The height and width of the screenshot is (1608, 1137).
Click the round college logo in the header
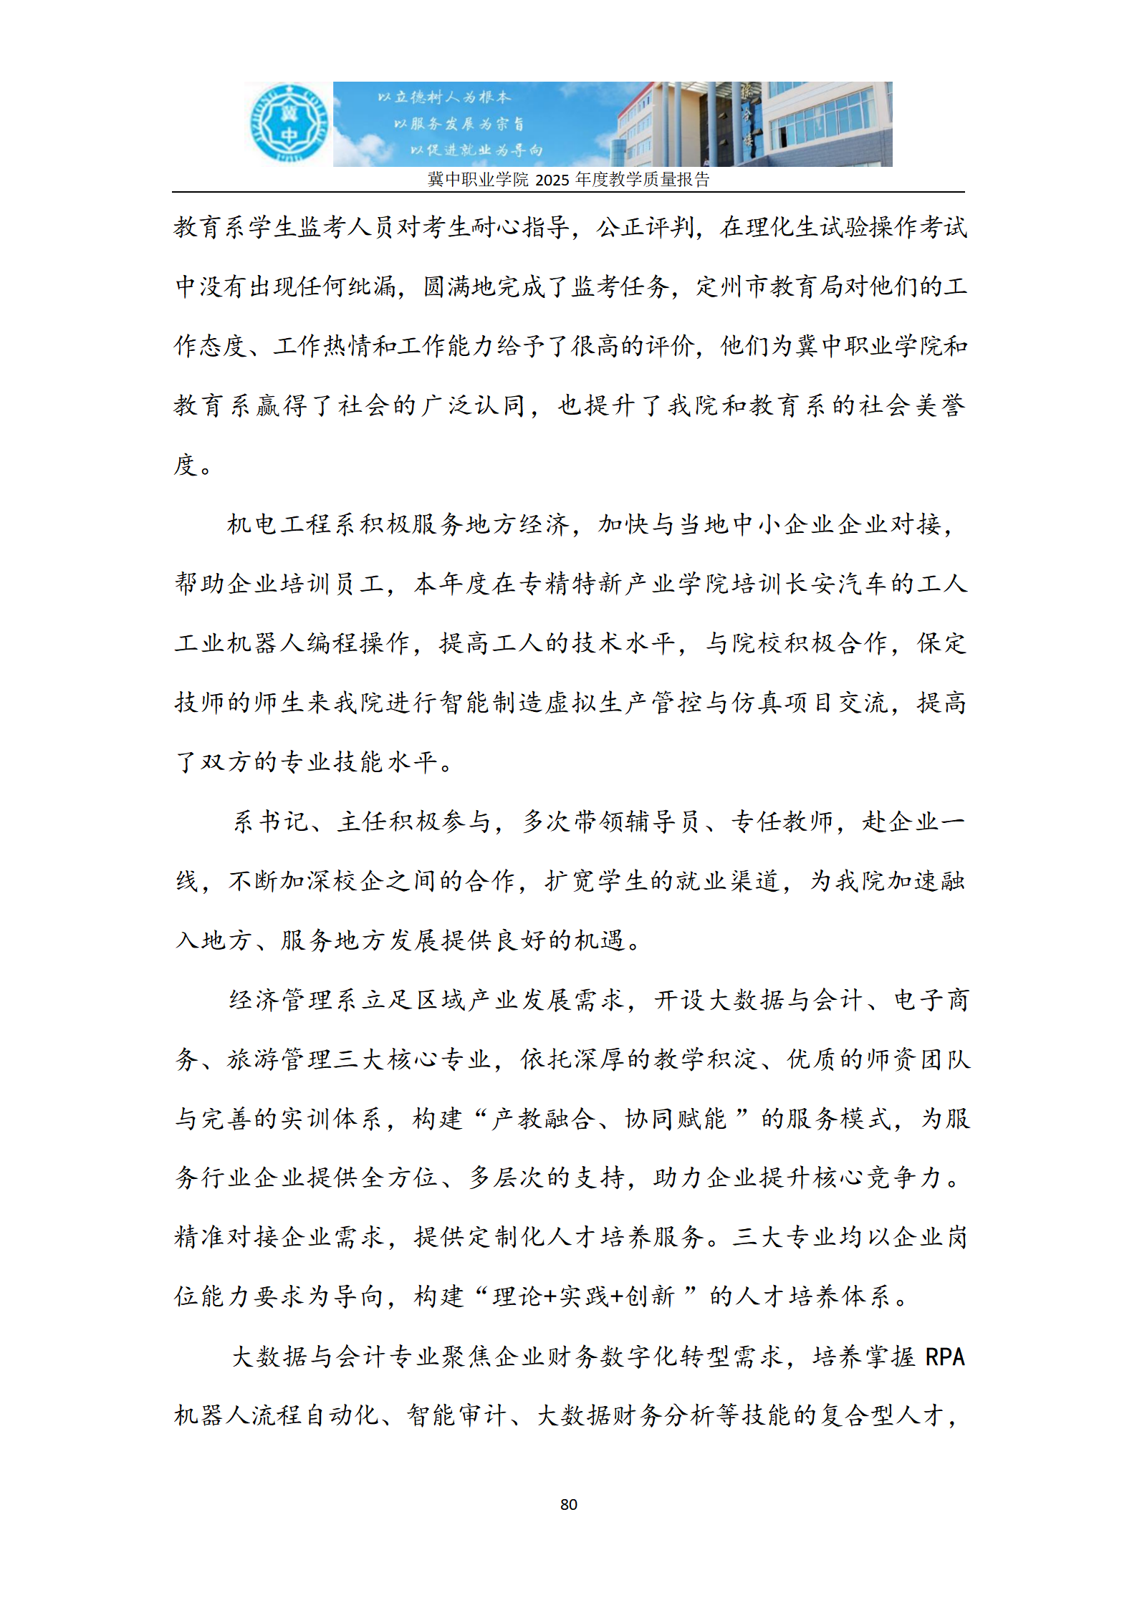[x=288, y=123]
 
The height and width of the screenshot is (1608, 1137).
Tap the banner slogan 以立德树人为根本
[x=444, y=97]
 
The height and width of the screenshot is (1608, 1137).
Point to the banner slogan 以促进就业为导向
[x=476, y=150]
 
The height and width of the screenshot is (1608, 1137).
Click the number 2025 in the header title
[x=552, y=180]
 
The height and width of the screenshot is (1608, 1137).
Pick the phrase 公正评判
[x=646, y=227]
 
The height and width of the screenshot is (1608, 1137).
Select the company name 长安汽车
[x=838, y=584]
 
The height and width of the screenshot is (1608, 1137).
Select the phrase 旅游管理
[x=280, y=1059]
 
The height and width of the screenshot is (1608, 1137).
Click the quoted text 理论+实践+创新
[x=583, y=1296]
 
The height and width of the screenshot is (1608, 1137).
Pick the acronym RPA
[x=945, y=1357]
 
